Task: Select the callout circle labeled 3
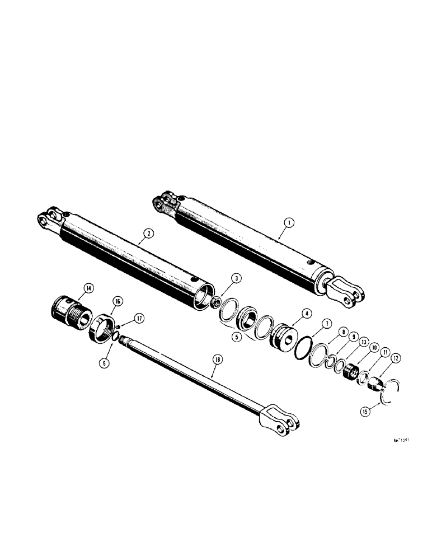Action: [x=222, y=278]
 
